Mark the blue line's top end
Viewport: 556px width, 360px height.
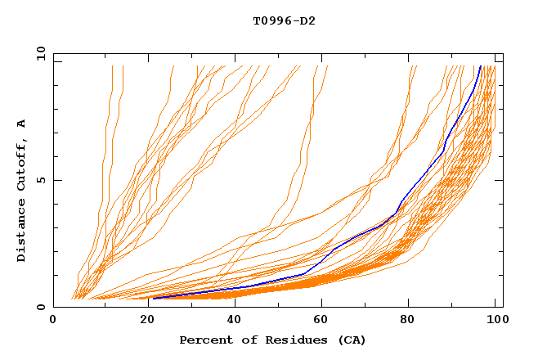click(x=480, y=66)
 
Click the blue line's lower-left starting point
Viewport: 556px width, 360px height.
click(x=153, y=299)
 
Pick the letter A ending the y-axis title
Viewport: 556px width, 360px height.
click(x=22, y=124)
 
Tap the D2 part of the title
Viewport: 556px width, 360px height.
click(x=308, y=20)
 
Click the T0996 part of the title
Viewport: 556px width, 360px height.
click(x=271, y=20)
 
